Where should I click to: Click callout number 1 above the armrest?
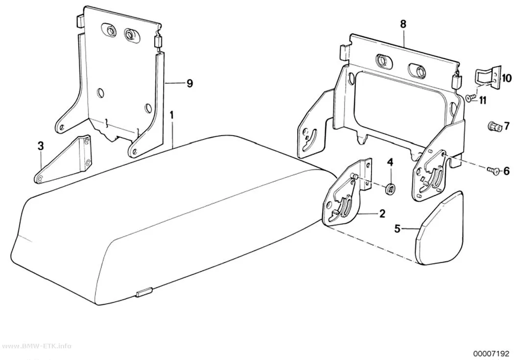(x=171, y=116)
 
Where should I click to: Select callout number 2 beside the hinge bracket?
(x=382, y=214)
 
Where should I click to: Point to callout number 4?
(x=390, y=162)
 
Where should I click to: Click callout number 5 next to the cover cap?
(x=397, y=228)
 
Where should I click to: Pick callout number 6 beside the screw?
(x=507, y=171)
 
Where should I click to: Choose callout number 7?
(x=507, y=125)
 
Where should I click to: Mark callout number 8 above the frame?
(x=403, y=24)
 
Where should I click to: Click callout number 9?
(x=189, y=84)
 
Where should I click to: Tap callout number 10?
(x=506, y=78)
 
